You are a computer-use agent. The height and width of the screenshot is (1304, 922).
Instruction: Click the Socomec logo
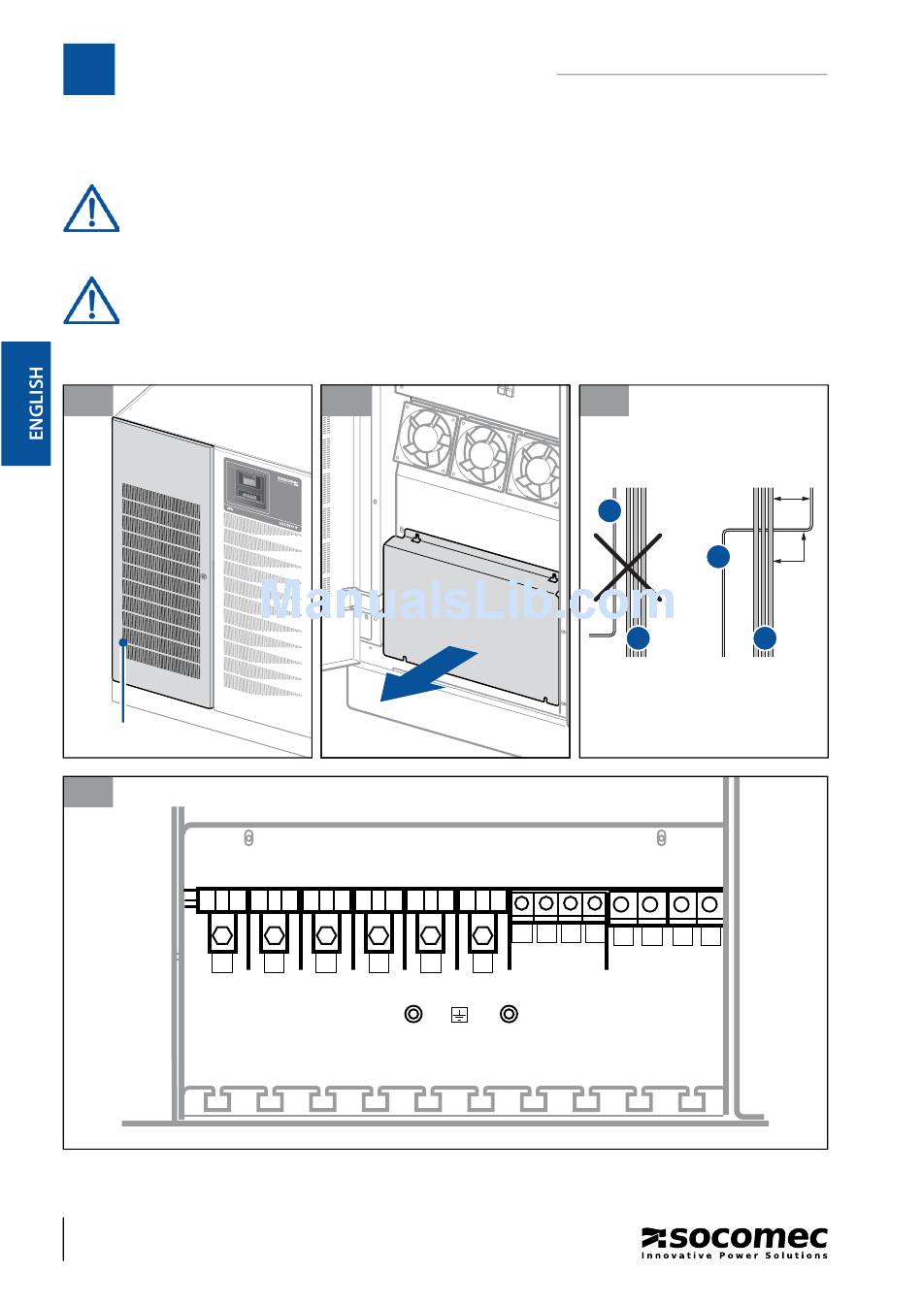734,1238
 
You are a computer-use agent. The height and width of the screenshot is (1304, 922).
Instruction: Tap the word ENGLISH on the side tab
36,403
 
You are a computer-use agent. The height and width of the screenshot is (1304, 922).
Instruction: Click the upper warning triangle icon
91,209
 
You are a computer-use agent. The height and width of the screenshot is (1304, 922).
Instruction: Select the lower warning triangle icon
91,301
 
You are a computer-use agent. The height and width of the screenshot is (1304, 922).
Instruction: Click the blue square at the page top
88,69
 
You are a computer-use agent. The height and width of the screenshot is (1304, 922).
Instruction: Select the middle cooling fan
481,452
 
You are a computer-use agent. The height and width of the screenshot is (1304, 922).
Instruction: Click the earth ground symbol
459,1015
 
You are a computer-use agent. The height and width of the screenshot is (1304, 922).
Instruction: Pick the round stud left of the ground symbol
413,1014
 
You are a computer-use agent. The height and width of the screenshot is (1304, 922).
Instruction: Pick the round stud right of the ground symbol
509,1014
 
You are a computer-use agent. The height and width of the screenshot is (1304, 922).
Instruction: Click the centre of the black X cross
629,566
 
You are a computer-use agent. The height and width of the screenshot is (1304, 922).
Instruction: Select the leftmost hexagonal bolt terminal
222,937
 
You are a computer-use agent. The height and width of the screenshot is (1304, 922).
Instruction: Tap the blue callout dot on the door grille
123,642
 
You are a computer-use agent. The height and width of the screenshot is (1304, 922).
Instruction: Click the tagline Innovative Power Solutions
735,1255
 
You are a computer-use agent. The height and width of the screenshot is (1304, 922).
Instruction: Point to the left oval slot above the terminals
248,838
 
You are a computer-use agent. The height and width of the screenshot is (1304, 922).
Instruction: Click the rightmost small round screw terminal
709,904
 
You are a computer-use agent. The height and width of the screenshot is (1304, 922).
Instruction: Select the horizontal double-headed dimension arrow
794,498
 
